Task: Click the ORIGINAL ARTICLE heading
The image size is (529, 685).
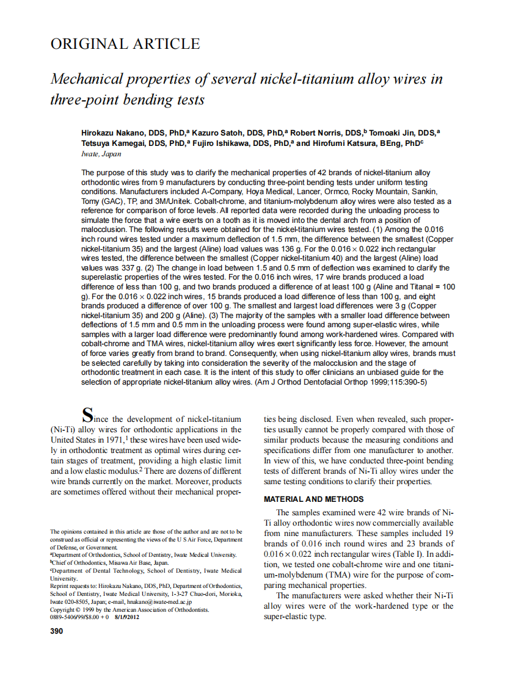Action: coord(125,44)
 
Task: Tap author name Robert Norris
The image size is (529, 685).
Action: coord(317,133)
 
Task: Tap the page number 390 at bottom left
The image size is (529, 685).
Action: coord(56,631)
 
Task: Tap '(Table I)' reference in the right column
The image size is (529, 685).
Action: coord(388,554)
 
